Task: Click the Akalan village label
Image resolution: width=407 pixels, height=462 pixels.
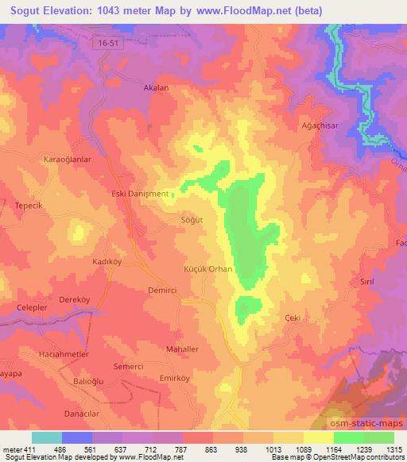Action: (x=154, y=89)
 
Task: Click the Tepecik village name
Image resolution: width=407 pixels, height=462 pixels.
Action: (x=29, y=205)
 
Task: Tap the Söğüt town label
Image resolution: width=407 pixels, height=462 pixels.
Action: (x=192, y=220)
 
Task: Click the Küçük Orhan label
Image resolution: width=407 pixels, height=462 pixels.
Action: (x=208, y=269)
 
